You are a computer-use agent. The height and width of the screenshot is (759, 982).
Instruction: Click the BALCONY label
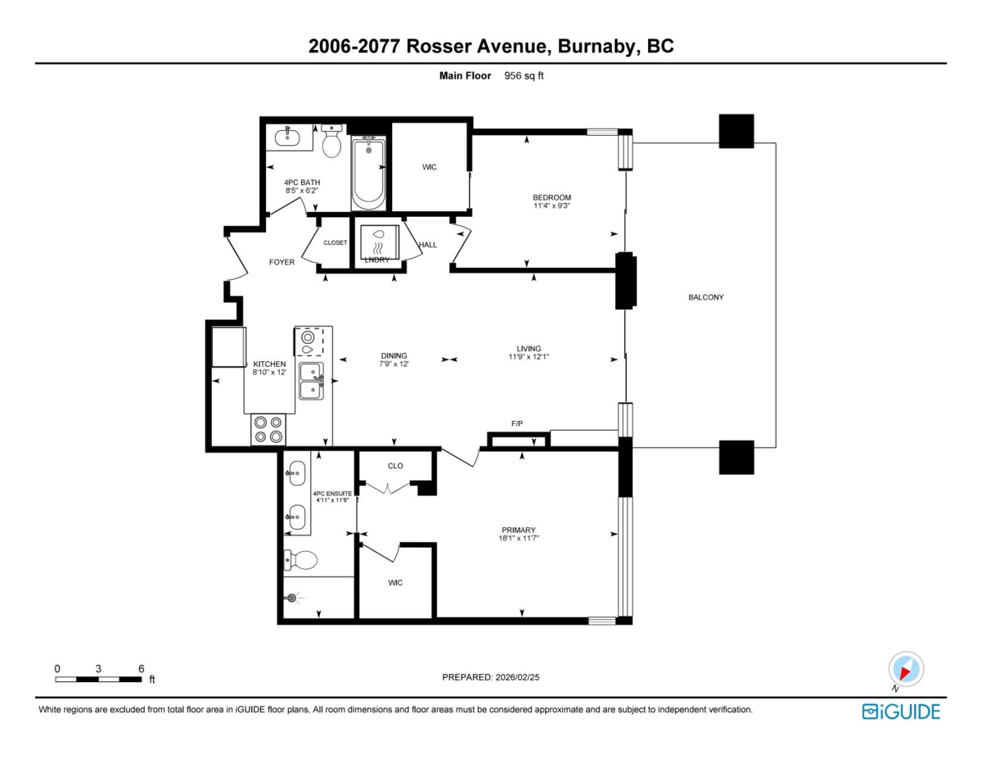(706, 297)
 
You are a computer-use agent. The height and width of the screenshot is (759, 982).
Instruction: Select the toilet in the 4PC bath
(331, 142)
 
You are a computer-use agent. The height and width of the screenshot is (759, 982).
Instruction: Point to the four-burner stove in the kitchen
(268, 430)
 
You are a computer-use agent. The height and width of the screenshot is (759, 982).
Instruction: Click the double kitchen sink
(311, 381)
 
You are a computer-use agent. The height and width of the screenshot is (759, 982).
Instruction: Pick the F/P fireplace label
(517, 423)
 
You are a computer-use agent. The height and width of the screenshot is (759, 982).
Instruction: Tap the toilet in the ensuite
(300, 561)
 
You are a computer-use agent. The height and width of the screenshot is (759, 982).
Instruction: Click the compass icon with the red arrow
(906, 670)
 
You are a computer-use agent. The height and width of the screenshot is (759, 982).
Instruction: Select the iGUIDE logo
(901, 712)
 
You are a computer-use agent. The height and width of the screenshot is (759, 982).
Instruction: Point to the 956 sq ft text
(524, 76)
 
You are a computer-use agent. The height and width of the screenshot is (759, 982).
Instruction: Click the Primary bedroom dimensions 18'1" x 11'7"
(519, 539)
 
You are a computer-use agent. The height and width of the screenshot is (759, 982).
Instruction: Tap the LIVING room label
(529, 349)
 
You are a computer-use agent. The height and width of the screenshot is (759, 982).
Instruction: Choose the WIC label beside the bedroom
(430, 167)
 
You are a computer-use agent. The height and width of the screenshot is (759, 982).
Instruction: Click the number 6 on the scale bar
(141, 669)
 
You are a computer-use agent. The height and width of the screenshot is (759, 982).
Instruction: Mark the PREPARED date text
(491, 677)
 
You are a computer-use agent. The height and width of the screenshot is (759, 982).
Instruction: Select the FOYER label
(282, 262)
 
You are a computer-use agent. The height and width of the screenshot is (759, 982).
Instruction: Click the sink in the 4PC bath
(287, 136)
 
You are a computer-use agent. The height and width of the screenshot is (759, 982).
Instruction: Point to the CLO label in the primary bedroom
(395, 466)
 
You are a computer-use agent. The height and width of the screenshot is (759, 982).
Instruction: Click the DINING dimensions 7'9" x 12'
(394, 364)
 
